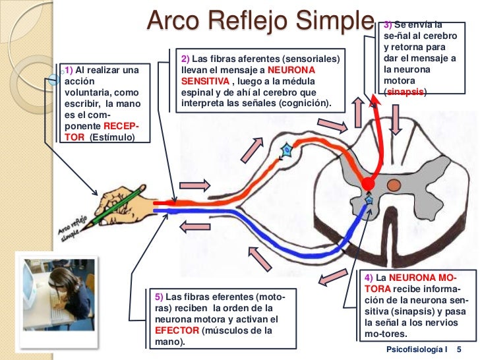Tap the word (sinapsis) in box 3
point(405,94)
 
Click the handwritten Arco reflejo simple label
point(73,227)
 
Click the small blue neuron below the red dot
point(369,200)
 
